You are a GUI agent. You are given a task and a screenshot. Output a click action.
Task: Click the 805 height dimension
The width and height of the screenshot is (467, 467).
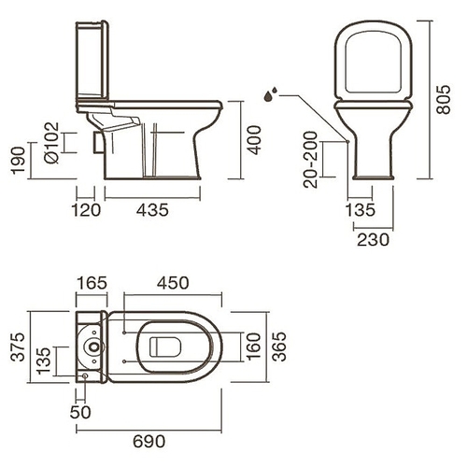(444, 99)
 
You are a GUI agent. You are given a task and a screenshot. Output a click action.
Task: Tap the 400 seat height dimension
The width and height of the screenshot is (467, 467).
(254, 140)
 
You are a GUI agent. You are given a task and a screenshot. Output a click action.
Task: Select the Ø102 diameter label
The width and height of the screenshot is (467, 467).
(51, 143)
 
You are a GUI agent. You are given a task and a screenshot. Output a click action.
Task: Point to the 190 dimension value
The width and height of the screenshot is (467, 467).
(18, 160)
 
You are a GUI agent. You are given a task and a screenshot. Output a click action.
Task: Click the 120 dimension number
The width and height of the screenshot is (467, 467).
(86, 210)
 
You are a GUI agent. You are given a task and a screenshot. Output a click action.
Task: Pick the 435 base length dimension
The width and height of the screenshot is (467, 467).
(152, 210)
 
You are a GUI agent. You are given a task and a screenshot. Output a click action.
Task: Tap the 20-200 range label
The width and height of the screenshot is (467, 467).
(310, 160)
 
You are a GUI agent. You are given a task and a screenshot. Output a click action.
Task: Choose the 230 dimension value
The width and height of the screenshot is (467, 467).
(373, 240)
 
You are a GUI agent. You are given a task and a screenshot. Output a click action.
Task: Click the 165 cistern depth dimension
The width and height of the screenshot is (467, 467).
(92, 283)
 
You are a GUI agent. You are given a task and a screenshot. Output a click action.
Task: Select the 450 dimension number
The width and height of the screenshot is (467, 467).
(173, 283)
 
